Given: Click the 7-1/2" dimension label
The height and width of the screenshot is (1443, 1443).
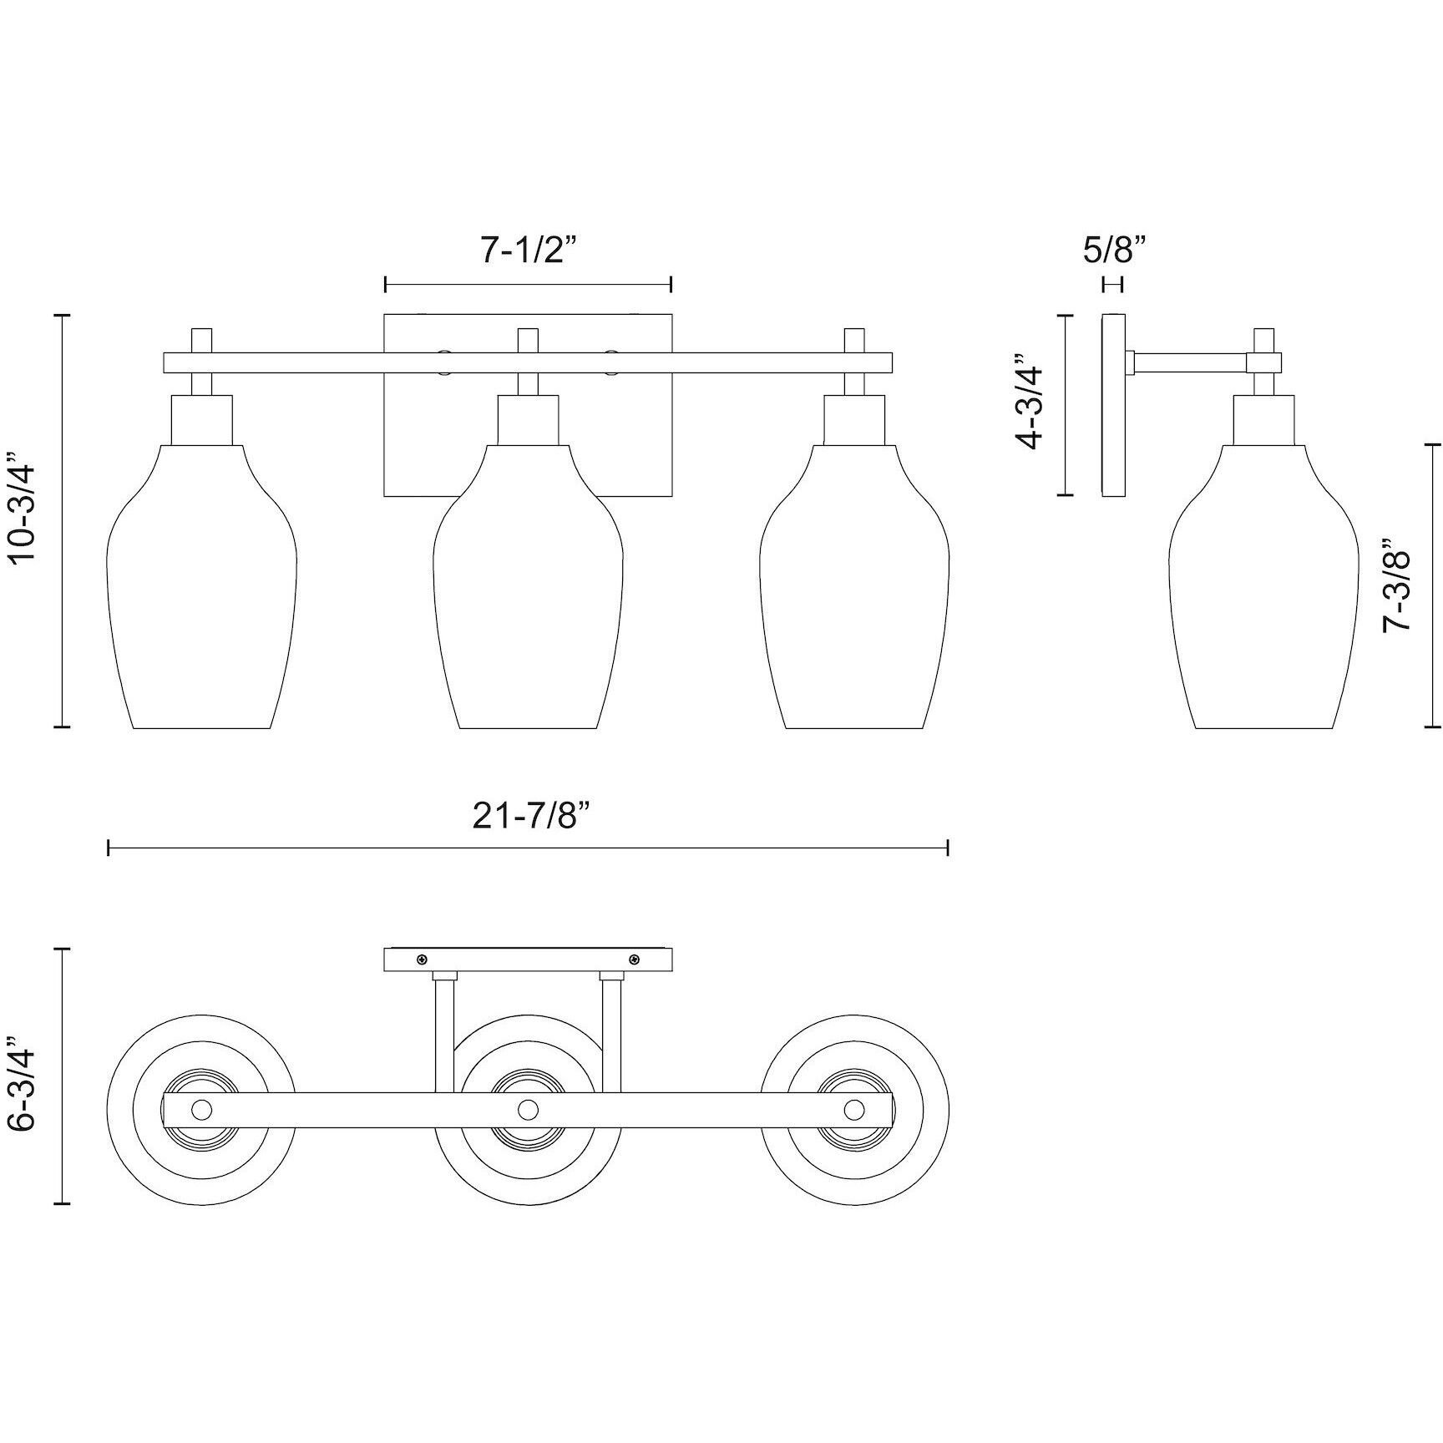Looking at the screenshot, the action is [x=529, y=249].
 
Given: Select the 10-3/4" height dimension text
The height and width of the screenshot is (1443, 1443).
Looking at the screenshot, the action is [x=23, y=522].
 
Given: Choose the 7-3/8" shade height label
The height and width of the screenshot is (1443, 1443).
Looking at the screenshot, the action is [x=1395, y=591].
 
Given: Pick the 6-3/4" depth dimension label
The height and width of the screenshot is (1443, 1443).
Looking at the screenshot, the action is [x=23, y=1084].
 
